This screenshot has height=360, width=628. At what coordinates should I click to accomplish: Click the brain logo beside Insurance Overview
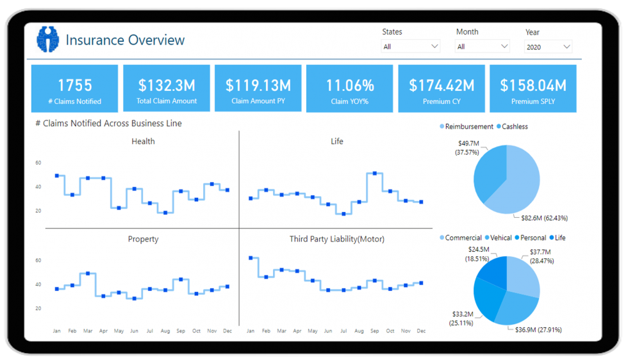tap(47, 39)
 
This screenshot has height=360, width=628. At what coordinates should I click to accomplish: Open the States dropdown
tap(411, 46)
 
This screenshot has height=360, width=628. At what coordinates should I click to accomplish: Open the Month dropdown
tap(482, 46)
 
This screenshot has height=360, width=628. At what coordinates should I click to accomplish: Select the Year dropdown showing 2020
tap(548, 46)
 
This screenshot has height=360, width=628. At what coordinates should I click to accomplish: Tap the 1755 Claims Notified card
tap(75, 88)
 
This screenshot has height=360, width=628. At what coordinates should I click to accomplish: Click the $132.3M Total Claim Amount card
tap(167, 88)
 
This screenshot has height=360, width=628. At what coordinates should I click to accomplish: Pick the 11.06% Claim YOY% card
tap(350, 88)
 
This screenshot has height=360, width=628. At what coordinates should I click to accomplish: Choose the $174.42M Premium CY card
tap(442, 88)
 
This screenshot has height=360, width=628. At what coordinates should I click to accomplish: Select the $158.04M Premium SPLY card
tap(533, 88)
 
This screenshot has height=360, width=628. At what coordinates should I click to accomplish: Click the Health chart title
tap(143, 141)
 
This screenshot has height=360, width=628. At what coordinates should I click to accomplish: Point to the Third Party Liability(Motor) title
tap(336, 239)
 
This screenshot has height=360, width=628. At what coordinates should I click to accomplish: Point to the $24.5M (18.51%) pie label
tap(478, 254)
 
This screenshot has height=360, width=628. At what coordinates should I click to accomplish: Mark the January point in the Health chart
tap(56, 176)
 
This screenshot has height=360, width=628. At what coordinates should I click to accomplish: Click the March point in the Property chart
tap(88, 274)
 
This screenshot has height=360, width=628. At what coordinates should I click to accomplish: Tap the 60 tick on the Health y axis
tap(38, 163)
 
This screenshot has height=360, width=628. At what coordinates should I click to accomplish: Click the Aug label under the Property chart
tap(165, 331)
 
